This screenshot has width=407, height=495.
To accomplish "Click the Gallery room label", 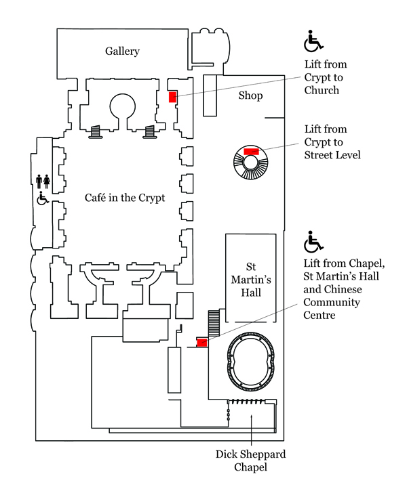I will point(122,51).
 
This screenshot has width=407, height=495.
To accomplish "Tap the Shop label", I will point(250,95).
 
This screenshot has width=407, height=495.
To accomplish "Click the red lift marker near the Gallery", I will point(172,97).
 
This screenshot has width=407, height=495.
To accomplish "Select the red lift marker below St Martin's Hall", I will point(201,342).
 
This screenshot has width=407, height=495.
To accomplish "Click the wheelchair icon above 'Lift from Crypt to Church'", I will point(313,41).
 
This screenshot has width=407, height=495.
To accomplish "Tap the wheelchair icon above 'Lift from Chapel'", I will point(313,240).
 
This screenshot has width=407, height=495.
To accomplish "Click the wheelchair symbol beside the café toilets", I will point(42,198).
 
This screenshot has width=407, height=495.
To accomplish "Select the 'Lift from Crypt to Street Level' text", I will point(332,142).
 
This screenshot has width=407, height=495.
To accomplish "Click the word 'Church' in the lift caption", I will point(322,90).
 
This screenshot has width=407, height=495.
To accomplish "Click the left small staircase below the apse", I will point(96,130).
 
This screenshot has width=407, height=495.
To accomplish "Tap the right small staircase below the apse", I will point(150,130).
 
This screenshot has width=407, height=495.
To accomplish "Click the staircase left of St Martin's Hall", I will point(215,322).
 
